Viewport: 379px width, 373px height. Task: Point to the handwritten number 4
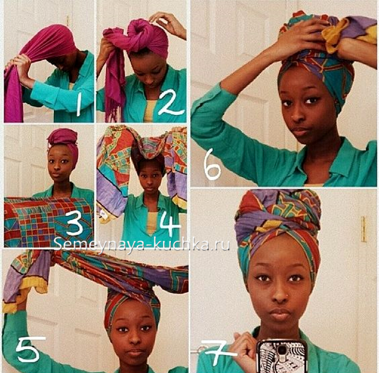coord(170,224)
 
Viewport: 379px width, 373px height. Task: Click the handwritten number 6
coord(212,164)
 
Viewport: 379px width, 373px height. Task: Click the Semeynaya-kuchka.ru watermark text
coord(141,244)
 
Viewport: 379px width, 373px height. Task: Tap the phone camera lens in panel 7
coord(282,350)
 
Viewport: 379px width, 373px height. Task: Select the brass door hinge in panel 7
coord(364,229)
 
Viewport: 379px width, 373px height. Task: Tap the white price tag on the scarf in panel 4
coord(103,214)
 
